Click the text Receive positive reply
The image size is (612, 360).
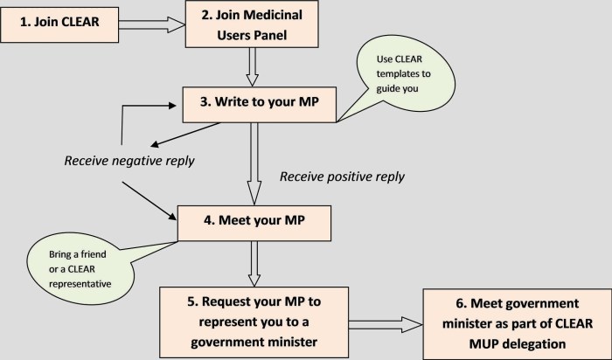[342, 177]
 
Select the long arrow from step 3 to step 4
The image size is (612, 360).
[252, 162]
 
